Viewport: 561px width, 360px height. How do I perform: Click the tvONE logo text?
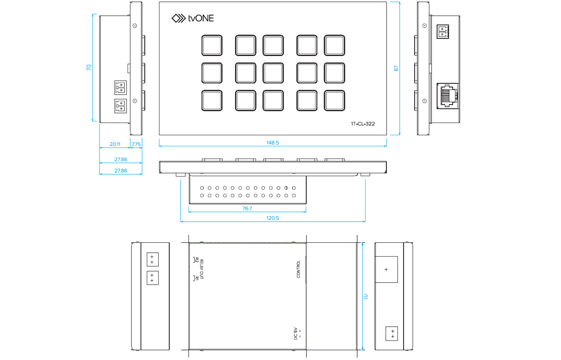201,18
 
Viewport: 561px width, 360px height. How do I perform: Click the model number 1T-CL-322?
362,124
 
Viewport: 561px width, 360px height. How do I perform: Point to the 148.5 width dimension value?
273,143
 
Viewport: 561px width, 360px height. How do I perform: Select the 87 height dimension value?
397,69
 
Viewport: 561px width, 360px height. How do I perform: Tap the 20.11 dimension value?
115,144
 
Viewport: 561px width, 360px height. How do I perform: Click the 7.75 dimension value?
136,144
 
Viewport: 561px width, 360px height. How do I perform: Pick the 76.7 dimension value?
247,208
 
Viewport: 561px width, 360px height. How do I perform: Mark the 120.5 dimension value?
273,218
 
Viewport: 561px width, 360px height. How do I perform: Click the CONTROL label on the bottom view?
298,269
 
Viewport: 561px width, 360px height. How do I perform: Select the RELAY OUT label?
202,269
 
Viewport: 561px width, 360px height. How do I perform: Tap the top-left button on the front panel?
212,46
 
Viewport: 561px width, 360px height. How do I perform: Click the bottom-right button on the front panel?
334,100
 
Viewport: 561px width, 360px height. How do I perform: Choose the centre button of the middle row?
273,73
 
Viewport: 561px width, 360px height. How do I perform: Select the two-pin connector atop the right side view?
443,32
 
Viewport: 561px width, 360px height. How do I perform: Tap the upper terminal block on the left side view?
120,88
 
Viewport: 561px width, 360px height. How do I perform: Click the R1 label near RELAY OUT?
197,278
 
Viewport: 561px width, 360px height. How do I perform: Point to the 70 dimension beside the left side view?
89,67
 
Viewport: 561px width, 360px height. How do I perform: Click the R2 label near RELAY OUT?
197,260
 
